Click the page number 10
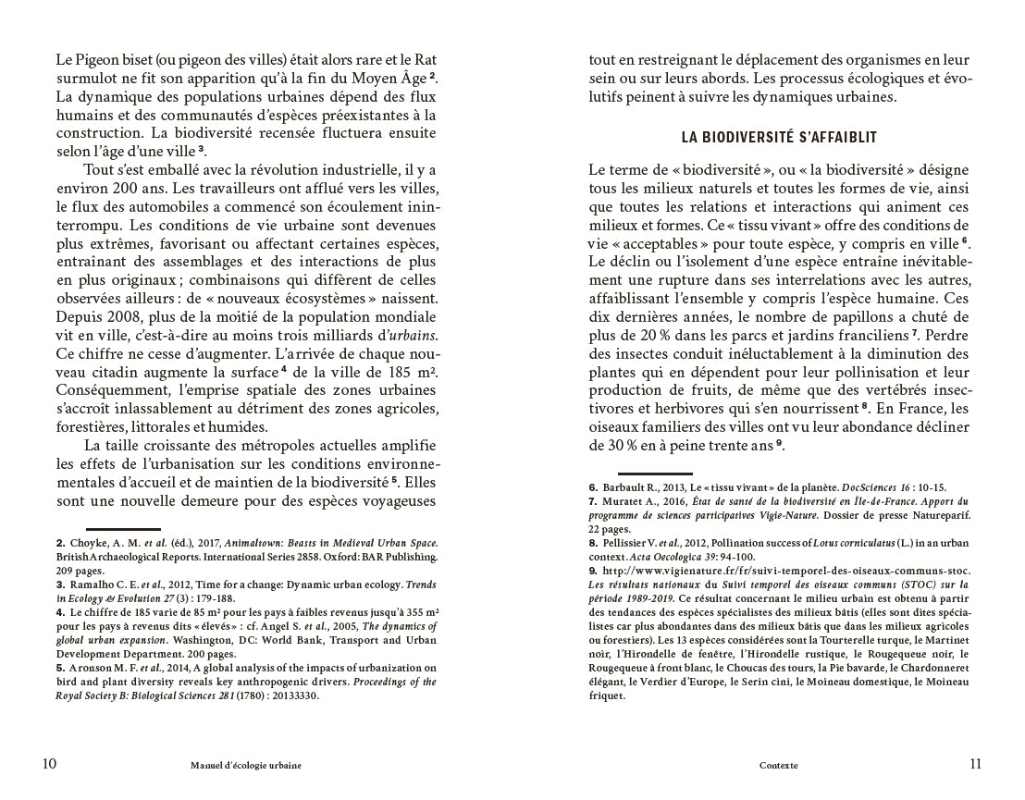tap(50, 764)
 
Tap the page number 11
tap(975, 764)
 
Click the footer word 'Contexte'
tap(778, 766)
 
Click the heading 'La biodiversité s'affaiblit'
tap(779, 137)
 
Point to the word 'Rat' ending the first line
tap(425, 60)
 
